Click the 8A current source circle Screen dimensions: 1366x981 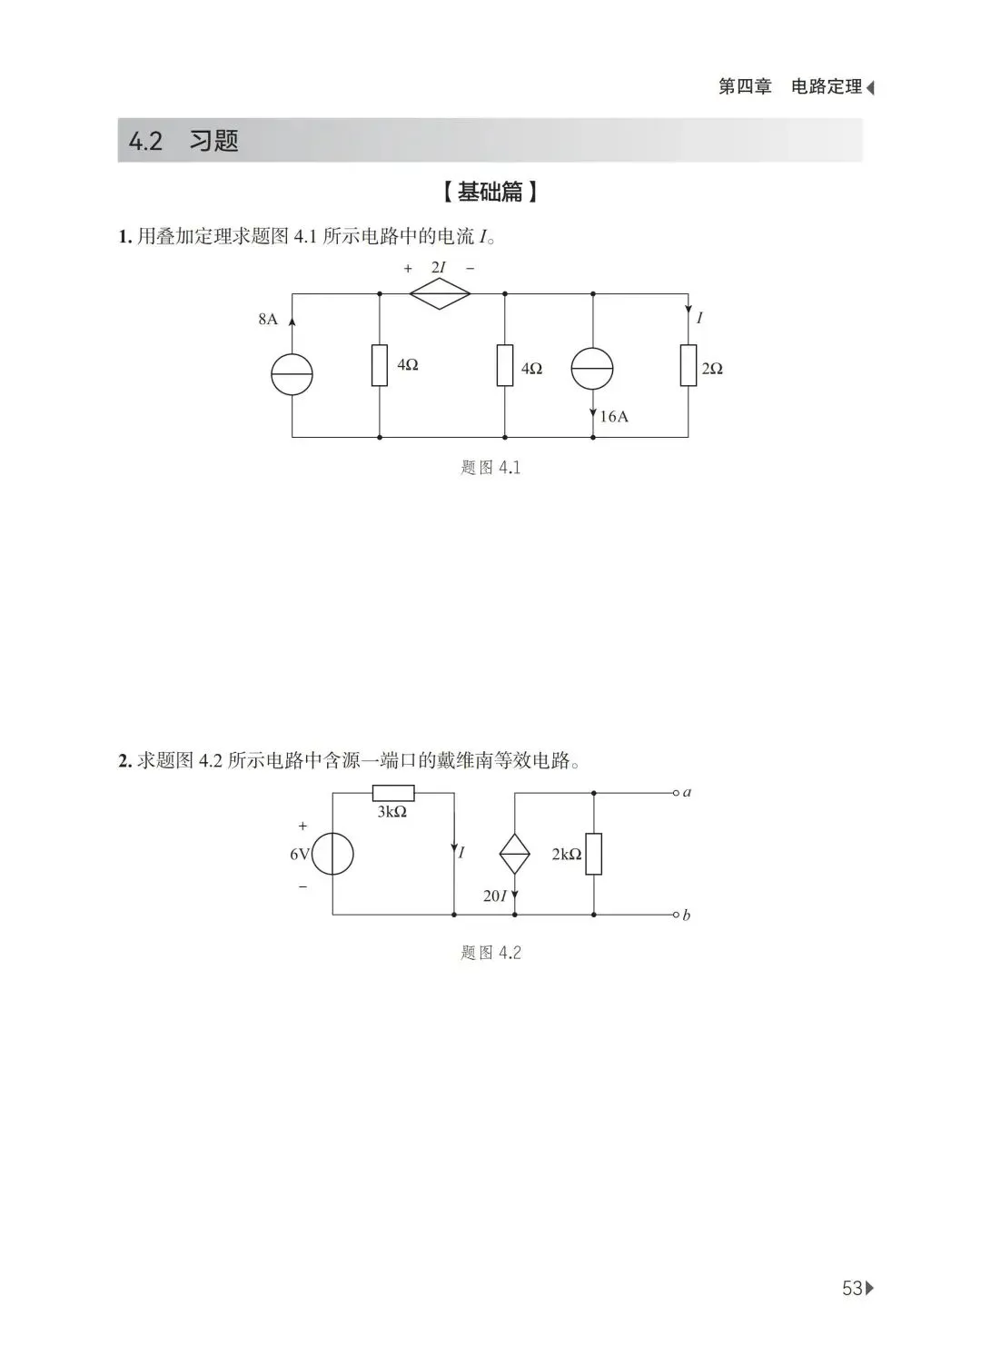(292, 374)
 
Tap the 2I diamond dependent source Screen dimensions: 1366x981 (440, 294)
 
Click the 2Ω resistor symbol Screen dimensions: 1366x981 (689, 365)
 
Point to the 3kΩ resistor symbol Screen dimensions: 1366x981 (393, 793)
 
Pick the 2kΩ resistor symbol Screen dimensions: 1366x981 (593, 854)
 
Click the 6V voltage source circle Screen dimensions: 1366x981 (332, 854)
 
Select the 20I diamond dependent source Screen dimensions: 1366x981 (515, 854)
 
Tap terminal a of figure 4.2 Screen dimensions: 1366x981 (677, 793)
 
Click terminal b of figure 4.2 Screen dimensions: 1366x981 (677, 915)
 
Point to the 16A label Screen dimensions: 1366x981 (614, 417)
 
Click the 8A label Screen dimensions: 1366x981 (268, 319)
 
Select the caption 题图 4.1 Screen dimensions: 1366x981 (490, 468)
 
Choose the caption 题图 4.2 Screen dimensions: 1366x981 (490, 953)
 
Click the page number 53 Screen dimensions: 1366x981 (852, 1288)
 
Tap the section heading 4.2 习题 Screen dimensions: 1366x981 (183, 141)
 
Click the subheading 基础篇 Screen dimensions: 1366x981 (490, 192)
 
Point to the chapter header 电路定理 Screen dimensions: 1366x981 (826, 87)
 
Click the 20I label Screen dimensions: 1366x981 (495, 896)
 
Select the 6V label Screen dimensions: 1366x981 (300, 855)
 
